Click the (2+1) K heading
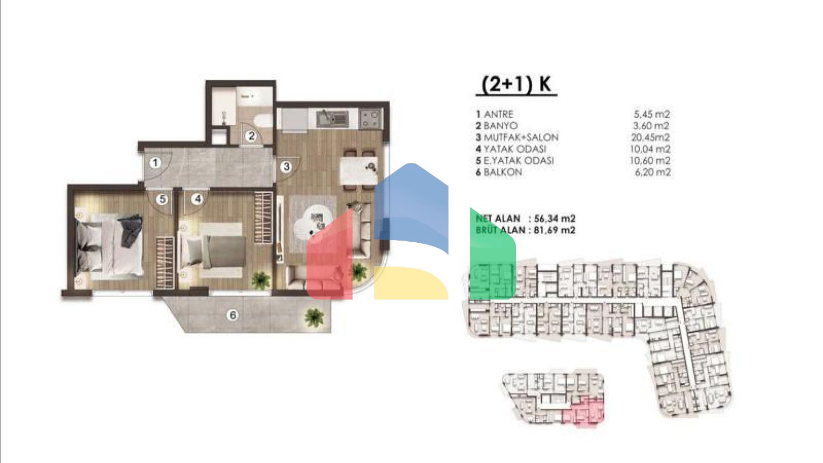click(x=517, y=85)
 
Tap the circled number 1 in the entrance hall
click(x=155, y=163)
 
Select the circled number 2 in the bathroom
click(x=251, y=136)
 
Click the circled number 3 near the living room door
click(x=287, y=167)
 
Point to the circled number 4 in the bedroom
click(x=197, y=199)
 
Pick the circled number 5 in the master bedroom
click(x=162, y=199)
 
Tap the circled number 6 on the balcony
click(x=233, y=315)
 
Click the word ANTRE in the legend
click(x=499, y=114)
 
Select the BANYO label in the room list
click(x=500, y=126)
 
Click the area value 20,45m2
click(x=650, y=137)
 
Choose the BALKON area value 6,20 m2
click(x=653, y=172)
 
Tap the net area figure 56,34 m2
click(x=555, y=219)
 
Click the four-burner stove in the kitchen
click(x=370, y=118)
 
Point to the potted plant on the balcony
click(x=314, y=317)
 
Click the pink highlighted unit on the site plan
click(x=583, y=412)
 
